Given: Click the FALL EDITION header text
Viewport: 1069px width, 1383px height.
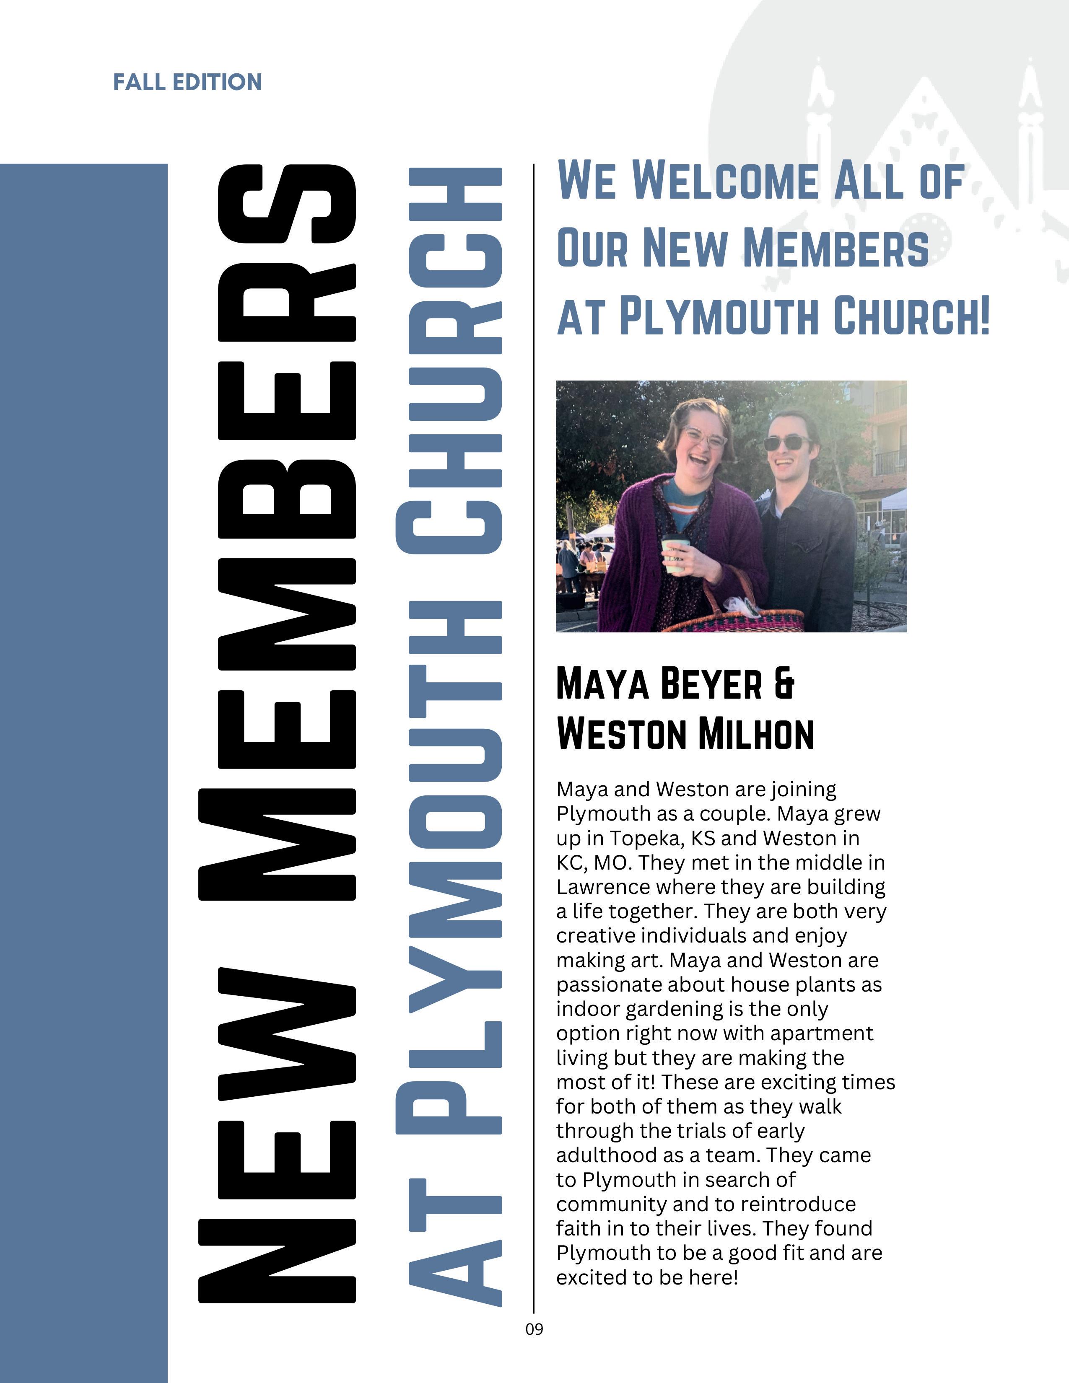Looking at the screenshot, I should (187, 82).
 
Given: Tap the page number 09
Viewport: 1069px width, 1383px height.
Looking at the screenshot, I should (534, 1329).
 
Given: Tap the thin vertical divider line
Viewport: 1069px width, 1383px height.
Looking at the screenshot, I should (534, 760).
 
